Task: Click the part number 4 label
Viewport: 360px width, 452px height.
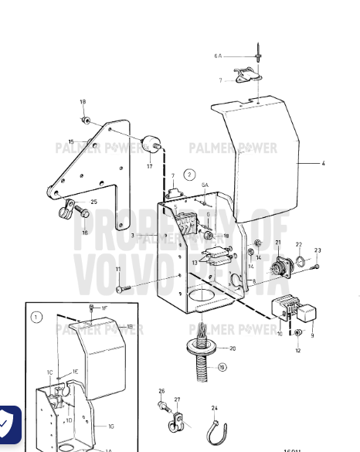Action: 324,164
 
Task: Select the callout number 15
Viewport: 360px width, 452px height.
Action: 71,141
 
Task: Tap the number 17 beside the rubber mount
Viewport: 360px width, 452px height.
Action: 149,165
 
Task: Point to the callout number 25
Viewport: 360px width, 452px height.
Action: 93,202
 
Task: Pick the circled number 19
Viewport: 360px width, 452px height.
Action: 222,368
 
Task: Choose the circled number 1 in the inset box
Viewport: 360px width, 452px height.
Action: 36,315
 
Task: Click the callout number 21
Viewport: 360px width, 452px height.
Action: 277,243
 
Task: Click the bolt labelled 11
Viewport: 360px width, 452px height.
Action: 123,289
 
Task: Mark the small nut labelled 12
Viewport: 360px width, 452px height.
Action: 298,332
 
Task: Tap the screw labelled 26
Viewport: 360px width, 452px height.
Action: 163,406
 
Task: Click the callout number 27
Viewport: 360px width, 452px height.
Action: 177,400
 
